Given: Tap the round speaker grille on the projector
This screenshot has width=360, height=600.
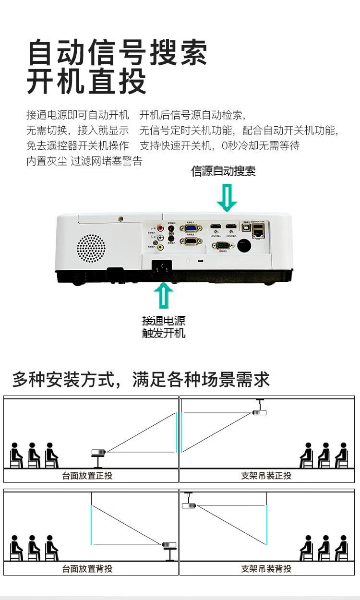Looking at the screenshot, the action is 91,248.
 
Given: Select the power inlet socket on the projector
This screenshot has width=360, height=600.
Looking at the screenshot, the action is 161,266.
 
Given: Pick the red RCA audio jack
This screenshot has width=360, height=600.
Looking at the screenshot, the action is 160,228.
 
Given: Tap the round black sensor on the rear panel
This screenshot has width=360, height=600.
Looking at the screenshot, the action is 245,246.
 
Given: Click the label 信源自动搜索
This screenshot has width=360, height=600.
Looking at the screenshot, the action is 223,171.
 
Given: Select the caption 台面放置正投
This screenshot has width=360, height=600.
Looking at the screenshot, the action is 87,476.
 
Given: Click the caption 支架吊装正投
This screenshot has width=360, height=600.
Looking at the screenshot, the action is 266,476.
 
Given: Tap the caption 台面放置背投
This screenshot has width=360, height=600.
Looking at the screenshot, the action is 87,569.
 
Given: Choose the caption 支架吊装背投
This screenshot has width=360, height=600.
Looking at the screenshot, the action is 266,569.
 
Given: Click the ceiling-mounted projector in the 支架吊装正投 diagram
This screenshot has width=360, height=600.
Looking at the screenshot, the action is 259,412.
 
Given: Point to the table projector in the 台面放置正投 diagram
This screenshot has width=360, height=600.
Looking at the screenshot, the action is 98,452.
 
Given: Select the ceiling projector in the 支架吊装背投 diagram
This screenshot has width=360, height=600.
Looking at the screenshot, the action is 189,505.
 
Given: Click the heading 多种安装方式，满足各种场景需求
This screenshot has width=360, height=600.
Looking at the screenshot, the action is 141,380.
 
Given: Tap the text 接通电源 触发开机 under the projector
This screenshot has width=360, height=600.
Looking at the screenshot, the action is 164,327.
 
